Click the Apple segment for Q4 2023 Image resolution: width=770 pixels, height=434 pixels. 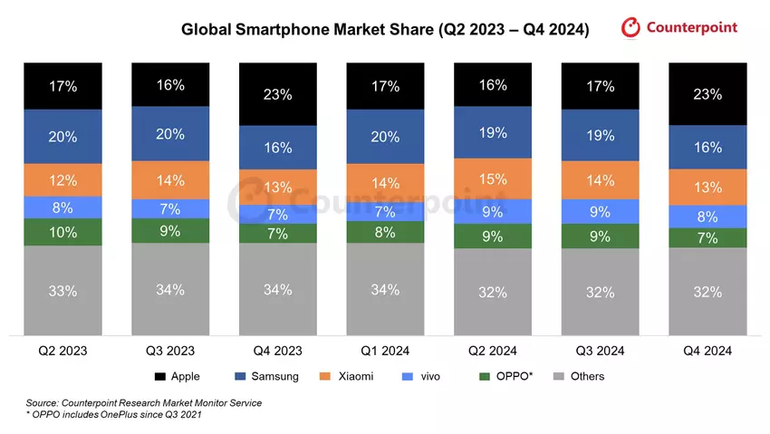(x=278, y=94)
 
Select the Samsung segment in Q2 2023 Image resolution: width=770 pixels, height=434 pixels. (x=63, y=137)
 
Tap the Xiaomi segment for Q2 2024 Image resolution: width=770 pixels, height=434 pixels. (x=492, y=179)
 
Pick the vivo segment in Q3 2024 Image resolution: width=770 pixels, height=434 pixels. (x=600, y=211)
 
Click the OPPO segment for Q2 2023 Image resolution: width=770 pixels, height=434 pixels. (x=63, y=232)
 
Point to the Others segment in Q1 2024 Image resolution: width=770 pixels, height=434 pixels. (x=385, y=289)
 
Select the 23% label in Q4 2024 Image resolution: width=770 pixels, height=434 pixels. (x=707, y=94)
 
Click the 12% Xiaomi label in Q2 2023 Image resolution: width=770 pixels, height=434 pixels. (x=63, y=179)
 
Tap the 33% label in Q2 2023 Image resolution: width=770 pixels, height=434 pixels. (x=63, y=291)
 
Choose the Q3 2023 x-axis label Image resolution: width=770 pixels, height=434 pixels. (x=170, y=352)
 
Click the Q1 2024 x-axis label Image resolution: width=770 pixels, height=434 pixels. (x=385, y=352)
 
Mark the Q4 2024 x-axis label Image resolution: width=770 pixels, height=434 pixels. (x=707, y=352)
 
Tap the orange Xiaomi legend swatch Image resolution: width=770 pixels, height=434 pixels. (x=322, y=376)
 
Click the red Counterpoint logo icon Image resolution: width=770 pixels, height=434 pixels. (x=631, y=28)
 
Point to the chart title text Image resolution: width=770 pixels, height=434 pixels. (x=385, y=30)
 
